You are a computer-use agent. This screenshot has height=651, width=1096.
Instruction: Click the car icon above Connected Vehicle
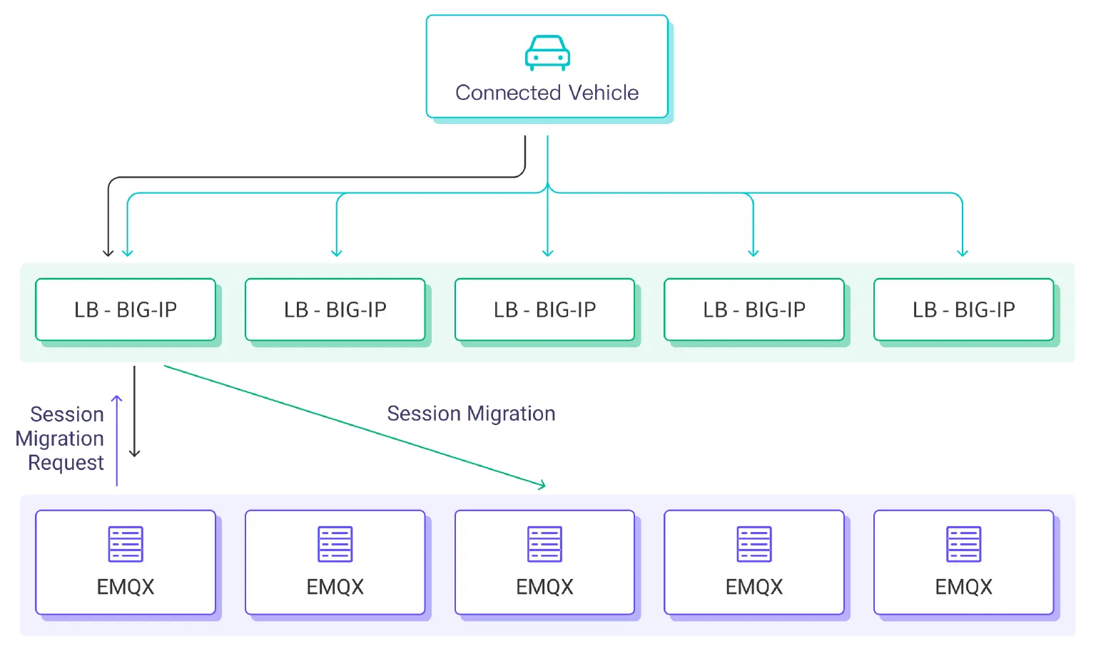pos(547,53)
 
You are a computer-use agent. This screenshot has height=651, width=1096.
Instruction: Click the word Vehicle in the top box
pos(604,93)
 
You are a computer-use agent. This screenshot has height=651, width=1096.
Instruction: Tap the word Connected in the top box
pos(508,93)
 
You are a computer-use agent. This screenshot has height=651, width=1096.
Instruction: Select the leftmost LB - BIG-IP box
pos(126,309)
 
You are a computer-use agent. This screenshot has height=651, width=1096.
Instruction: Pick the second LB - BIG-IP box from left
pos(335,309)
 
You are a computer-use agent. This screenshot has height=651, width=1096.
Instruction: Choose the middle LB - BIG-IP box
pos(544,309)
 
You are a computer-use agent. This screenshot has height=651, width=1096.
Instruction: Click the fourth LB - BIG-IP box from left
pos(754,309)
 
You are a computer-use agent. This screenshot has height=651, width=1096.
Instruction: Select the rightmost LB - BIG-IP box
pos(963,309)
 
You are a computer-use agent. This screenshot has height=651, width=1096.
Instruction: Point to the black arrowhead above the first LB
pos(108,252)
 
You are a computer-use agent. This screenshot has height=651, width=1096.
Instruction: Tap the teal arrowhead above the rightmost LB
pos(963,252)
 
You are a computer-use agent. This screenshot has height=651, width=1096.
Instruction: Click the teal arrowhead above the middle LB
pos(547,252)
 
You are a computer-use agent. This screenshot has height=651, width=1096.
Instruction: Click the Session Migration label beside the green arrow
pos(471,414)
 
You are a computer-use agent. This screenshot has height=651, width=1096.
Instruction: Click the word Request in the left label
pos(66,463)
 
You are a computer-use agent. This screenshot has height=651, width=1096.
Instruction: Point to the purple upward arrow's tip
pos(117,398)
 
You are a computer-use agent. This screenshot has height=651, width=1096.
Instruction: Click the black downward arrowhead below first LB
pos(134,453)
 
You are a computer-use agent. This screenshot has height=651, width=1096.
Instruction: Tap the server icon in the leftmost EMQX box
pos(126,544)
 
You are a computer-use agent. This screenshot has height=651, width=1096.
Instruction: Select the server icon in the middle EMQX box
pos(544,544)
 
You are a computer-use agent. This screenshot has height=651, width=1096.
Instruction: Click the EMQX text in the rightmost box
pos(963,587)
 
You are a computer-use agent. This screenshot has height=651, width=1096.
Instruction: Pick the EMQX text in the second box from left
pos(335,587)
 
